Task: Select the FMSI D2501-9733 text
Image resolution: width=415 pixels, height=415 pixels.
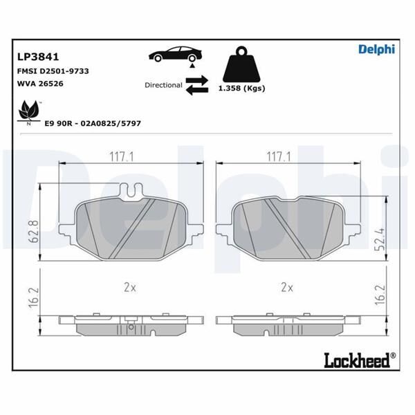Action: click(52, 71)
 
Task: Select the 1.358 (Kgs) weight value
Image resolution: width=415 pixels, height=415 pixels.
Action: click(241, 89)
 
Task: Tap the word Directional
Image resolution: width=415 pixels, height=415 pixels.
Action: click(163, 85)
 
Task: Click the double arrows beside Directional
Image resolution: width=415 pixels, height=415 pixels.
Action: click(196, 84)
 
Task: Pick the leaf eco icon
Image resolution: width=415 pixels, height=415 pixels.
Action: click(29, 111)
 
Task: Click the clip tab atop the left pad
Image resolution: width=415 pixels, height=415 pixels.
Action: click(130, 187)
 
